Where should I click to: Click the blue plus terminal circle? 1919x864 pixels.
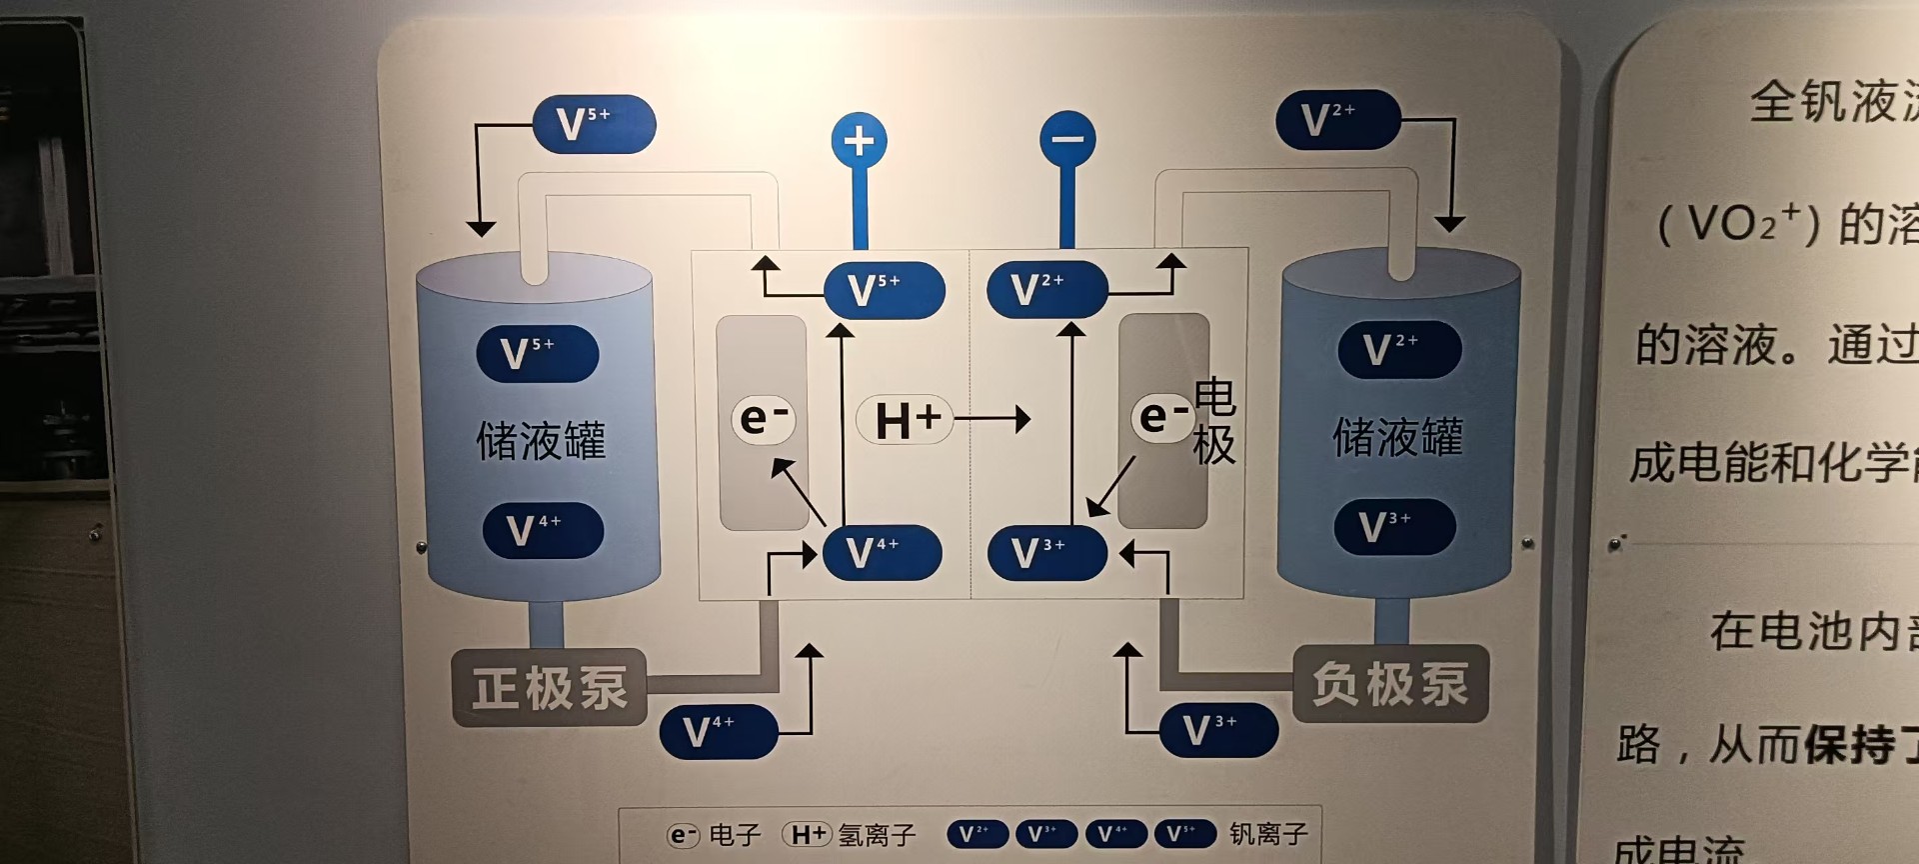(859, 141)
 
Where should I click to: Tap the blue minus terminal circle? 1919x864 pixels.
(1066, 139)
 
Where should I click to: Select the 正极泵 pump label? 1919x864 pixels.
(549, 688)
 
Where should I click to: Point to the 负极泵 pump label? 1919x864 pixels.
(1389, 685)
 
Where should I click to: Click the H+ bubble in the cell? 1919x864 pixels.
(905, 419)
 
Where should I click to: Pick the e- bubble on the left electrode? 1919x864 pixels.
(763, 418)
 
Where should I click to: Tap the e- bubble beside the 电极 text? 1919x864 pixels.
(1162, 416)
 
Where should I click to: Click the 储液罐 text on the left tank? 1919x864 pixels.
(540, 440)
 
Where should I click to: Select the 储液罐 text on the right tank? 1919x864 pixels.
(1397, 437)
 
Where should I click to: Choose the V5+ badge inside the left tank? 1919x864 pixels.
(537, 354)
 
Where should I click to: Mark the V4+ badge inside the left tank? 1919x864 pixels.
(543, 530)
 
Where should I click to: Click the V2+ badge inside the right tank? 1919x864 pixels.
(1398, 350)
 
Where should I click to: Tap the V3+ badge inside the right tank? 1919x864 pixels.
(1394, 526)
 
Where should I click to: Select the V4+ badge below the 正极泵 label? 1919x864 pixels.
(718, 731)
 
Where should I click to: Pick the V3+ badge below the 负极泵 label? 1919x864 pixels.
(1217, 730)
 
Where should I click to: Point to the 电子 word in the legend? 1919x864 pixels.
(735, 834)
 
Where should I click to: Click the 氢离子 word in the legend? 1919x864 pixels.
(877, 834)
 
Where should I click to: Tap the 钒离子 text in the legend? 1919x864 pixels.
(1268, 833)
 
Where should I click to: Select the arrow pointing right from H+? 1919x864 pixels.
(992, 419)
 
